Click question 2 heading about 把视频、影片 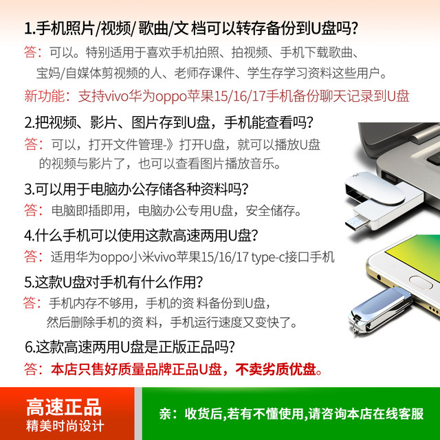[x=168, y=122]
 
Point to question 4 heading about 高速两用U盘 [x=141, y=234]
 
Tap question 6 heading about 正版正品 [x=131, y=346]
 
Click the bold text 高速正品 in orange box [x=64, y=406]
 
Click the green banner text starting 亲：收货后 [x=291, y=414]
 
